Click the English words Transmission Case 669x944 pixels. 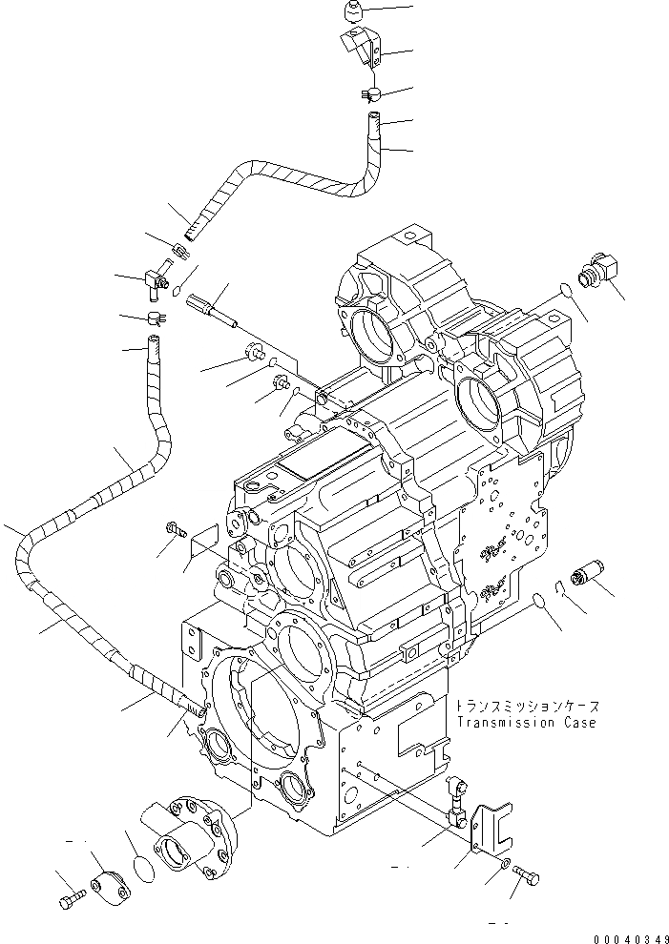click(526, 723)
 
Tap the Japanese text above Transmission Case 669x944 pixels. click(526, 707)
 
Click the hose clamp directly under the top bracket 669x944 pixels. click(371, 93)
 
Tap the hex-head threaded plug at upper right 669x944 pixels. click(599, 266)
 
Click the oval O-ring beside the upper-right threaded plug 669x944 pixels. click(564, 291)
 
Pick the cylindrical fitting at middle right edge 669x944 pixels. click(581, 576)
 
